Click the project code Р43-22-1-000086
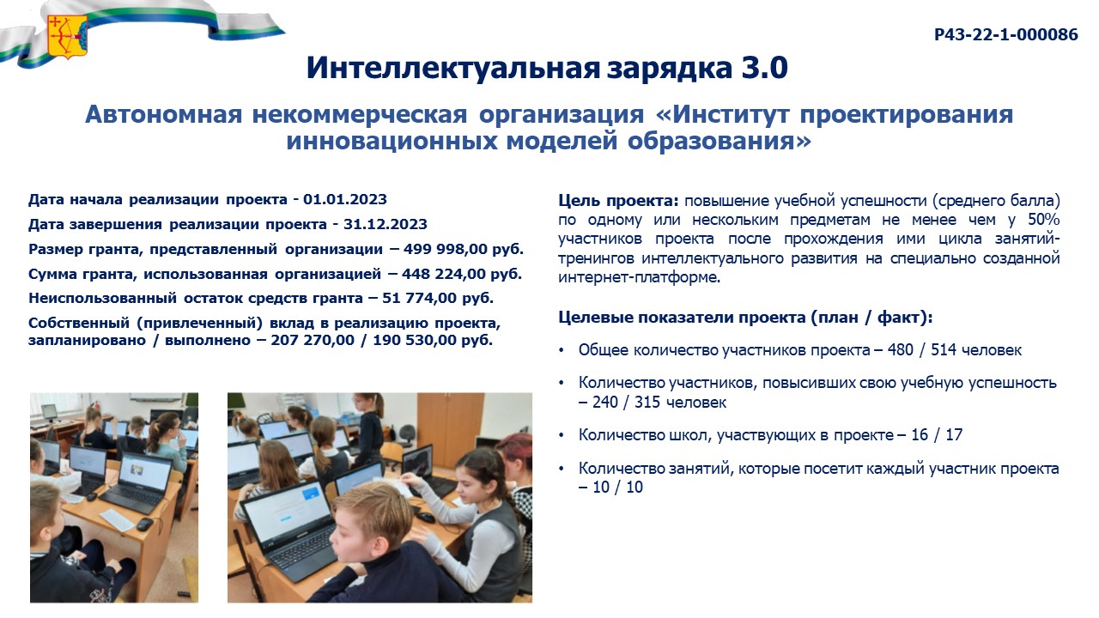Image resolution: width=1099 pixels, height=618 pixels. (x=1005, y=35)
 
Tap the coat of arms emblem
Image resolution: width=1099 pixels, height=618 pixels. (x=67, y=37)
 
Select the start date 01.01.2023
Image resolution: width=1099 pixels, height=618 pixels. (x=345, y=200)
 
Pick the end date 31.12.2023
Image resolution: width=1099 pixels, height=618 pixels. (x=386, y=224)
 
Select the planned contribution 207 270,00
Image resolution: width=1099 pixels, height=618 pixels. (x=313, y=341)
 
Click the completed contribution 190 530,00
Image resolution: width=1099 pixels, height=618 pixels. (x=415, y=341)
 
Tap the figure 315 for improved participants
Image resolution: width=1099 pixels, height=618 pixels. (x=647, y=403)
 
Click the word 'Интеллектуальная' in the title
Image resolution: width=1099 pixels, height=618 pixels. (x=453, y=68)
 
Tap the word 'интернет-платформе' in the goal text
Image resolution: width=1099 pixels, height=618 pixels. (x=639, y=277)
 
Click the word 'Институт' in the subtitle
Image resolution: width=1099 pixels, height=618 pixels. (x=730, y=114)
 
